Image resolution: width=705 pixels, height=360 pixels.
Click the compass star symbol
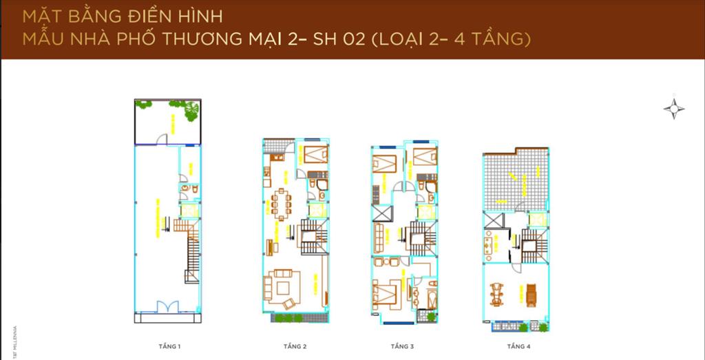[x=674, y=109]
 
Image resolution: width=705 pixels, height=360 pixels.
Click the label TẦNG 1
[x=169, y=345]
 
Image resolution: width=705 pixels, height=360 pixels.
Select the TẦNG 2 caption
[x=295, y=345]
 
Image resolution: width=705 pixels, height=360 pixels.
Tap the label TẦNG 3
[x=402, y=345]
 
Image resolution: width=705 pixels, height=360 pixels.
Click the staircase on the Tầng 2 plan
[x=313, y=237]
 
